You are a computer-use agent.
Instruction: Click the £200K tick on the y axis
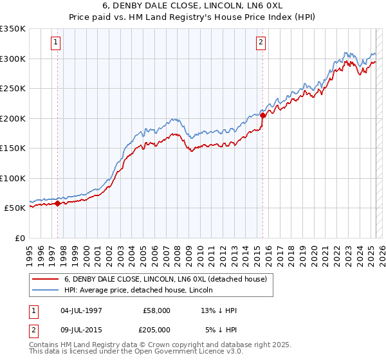[13, 118]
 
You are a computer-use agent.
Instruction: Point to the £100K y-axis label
[13, 178]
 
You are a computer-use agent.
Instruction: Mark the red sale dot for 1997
[57, 204]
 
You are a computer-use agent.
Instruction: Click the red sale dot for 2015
[263, 116]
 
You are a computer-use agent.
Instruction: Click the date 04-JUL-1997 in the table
[81, 310]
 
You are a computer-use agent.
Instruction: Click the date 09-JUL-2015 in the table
[81, 328]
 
